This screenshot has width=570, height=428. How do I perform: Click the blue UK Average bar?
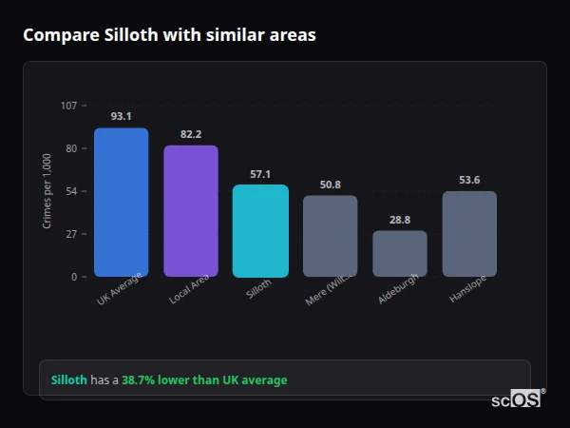click(121, 203)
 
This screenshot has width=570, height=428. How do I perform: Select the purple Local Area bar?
click(191, 211)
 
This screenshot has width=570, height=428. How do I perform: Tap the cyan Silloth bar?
click(260, 231)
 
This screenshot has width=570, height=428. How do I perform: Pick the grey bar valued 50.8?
click(330, 236)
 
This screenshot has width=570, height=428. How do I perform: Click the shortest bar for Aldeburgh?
click(400, 254)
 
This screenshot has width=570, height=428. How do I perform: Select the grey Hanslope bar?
click(469, 234)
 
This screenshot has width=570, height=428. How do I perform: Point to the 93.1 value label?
click(121, 116)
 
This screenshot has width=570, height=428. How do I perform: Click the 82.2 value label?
click(191, 134)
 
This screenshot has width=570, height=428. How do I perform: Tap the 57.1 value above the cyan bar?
click(260, 174)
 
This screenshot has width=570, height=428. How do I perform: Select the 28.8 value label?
click(400, 220)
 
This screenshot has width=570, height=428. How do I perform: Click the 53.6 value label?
click(469, 180)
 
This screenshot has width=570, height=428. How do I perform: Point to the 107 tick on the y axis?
click(68, 106)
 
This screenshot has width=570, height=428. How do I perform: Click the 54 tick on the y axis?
click(71, 191)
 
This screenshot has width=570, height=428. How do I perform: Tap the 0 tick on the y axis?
click(74, 277)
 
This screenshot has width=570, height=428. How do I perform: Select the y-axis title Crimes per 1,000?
click(47, 191)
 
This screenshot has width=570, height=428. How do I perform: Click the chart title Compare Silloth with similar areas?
click(169, 35)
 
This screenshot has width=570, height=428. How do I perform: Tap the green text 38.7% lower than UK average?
click(204, 380)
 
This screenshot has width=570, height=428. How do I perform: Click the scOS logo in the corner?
click(517, 399)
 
